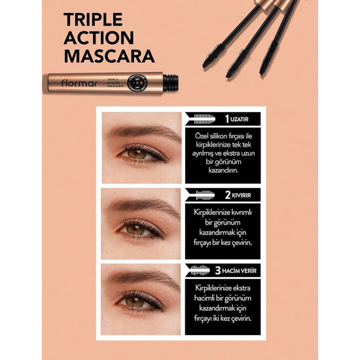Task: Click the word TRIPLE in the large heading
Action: pos(93,20)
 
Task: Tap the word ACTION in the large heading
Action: pos(99,38)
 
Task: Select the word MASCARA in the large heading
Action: pos(109,56)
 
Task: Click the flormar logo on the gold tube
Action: pos(79,83)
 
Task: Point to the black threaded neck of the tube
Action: pos(171,82)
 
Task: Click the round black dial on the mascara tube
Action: pos(137,83)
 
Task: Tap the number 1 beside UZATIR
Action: pos(227,119)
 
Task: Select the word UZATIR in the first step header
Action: pos(239,119)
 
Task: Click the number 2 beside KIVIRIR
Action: pos(228,195)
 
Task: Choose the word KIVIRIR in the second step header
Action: pos(242,196)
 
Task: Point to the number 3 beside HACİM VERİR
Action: pos(218,271)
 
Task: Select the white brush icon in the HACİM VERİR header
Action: pos(200,270)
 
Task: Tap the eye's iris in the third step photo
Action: pos(135,302)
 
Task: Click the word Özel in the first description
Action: pos(202,136)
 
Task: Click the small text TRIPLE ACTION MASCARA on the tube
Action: pos(115,83)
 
